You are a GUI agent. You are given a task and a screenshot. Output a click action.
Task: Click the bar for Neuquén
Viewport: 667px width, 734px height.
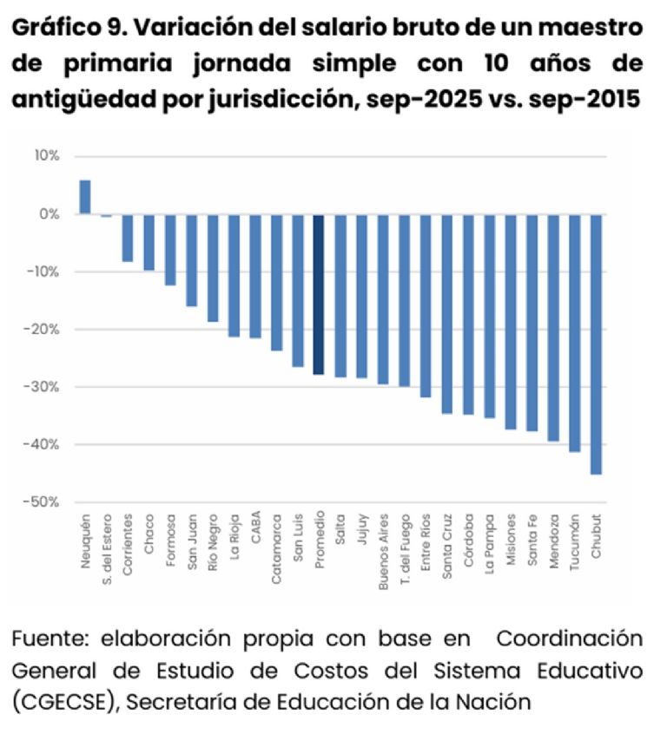tap(85, 197)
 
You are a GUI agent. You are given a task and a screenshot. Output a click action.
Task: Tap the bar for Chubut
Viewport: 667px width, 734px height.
tap(596, 344)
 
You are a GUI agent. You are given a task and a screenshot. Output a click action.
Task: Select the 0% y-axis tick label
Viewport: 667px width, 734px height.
tap(49, 214)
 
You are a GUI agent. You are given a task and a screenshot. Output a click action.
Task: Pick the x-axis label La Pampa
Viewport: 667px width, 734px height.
tap(490, 546)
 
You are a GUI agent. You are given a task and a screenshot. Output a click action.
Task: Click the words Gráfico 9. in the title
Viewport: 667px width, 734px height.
tap(66, 27)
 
